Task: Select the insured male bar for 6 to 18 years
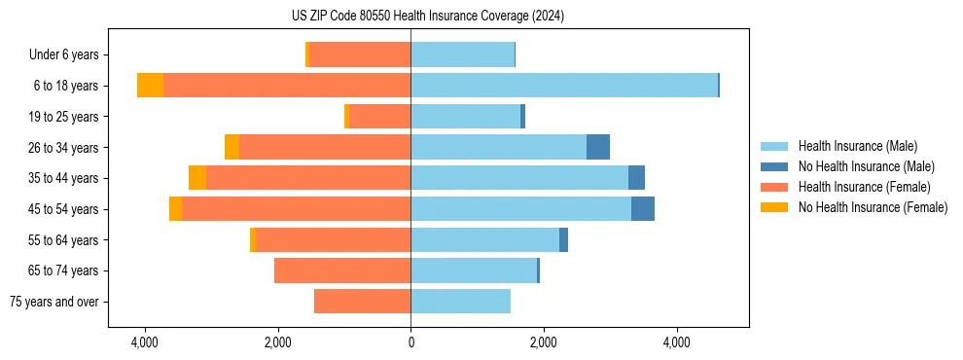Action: [x=564, y=86]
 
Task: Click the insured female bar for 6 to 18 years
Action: [x=287, y=86]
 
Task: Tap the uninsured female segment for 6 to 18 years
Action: [x=150, y=86]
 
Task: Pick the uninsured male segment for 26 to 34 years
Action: [x=598, y=147]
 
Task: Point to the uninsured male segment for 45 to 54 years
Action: [x=643, y=209]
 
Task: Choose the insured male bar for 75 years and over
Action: [x=460, y=302]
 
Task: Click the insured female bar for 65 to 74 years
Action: [x=342, y=270]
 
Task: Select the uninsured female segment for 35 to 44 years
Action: [x=197, y=178]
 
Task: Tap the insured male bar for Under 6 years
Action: [x=462, y=54]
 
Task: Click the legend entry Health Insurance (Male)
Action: [x=857, y=146]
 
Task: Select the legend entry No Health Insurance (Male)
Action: [x=866, y=166]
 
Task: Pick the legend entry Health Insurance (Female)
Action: [x=864, y=187]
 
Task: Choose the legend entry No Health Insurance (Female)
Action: [x=873, y=207]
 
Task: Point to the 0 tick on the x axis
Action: [x=410, y=342]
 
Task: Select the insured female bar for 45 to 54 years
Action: [x=296, y=209]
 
